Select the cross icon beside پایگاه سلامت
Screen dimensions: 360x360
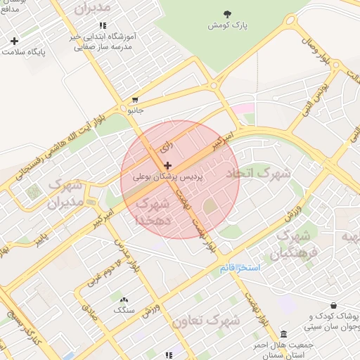pyautogui.click(x=14, y=41)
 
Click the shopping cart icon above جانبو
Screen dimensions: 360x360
pyautogui.click(x=135, y=100)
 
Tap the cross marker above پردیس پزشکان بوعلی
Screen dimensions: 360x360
pyautogui.click(x=167, y=165)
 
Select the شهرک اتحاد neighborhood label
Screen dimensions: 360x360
pyautogui.click(x=257, y=172)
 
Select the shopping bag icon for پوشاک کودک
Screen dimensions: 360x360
pyautogui.click(x=332, y=306)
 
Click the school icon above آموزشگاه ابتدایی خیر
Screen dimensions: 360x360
pyautogui.click(x=103, y=25)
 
